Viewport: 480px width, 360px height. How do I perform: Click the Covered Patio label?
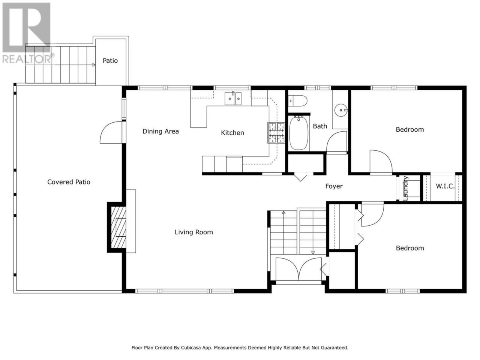[69, 182]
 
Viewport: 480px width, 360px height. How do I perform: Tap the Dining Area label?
[160, 131]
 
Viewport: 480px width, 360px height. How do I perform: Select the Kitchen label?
[232, 133]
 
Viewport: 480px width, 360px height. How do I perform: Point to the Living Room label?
[194, 232]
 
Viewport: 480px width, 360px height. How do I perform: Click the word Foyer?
[334, 186]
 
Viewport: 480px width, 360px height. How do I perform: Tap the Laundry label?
[405, 188]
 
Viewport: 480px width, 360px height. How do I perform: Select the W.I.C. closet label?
[445, 186]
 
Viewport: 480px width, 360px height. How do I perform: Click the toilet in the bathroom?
[298, 101]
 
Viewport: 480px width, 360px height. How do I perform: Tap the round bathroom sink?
[341, 110]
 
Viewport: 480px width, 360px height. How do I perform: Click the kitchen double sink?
[233, 98]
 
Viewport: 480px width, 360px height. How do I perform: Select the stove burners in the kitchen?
[276, 133]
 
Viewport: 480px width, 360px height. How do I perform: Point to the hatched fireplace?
[118, 227]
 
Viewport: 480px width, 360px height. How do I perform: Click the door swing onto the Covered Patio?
[111, 132]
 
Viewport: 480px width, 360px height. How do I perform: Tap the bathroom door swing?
[336, 141]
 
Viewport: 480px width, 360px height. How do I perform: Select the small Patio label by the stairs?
[110, 60]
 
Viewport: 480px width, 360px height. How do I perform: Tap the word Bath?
[320, 126]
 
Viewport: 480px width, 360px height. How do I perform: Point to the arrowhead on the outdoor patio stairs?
[94, 65]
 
